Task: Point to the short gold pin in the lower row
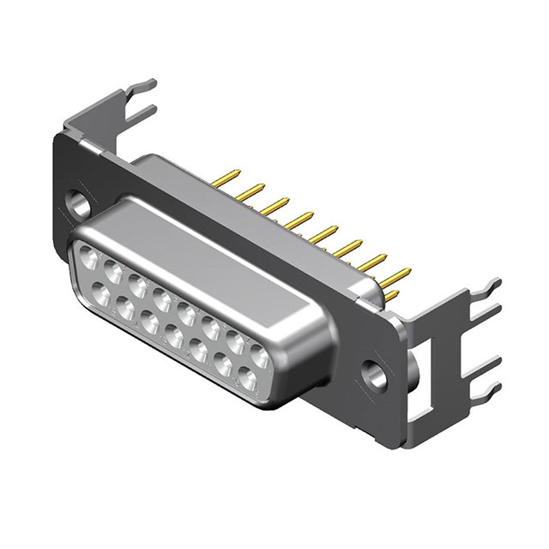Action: (390, 297)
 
